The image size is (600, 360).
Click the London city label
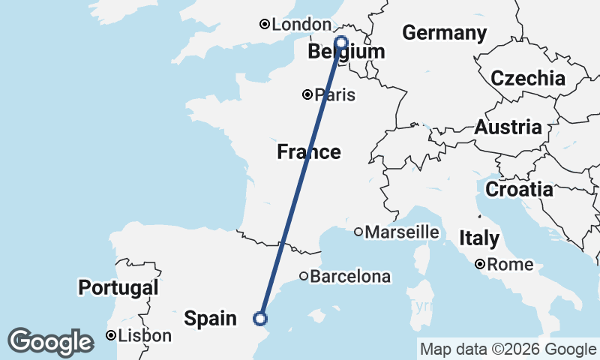pyautogui.click(x=291, y=25)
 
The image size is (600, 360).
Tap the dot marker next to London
pyautogui.click(x=264, y=25)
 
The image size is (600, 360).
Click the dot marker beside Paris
pyautogui.click(x=307, y=94)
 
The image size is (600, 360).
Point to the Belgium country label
pyautogui.click(x=346, y=52)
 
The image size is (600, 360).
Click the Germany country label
pyautogui.click(x=444, y=33)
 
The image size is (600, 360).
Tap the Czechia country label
pyautogui.click(x=528, y=79)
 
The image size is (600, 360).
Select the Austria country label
pyautogui.click(x=508, y=127)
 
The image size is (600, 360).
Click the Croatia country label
pyautogui.click(x=519, y=190)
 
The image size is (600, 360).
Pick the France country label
pyautogui.click(x=309, y=152)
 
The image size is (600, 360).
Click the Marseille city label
pyautogui.click(x=402, y=232)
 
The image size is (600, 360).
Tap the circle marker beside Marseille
pyautogui.click(x=358, y=232)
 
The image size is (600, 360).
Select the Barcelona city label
pyautogui.click(x=350, y=277)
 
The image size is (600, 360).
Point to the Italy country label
pyautogui.click(x=478, y=239)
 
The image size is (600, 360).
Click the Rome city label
pyautogui.click(x=510, y=265)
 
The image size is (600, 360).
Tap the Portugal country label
pyautogui.click(x=118, y=287)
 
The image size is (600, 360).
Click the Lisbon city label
pyautogui.click(x=145, y=335)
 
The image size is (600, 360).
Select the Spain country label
pyautogui.click(x=211, y=319)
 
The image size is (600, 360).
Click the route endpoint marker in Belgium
pyautogui.click(x=342, y=42)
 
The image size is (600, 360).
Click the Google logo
pyautogui.click(x=50, y=341)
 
